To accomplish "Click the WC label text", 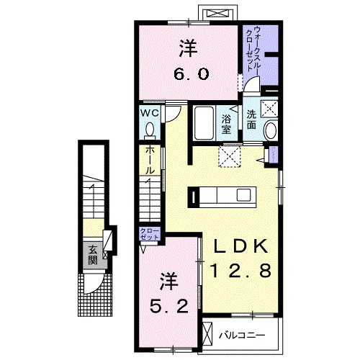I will [x=149, y=114].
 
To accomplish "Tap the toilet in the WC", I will [x=150, y=130].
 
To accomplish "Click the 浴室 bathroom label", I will [x=227, y=124].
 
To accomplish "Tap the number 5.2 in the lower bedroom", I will [x=170, y=305].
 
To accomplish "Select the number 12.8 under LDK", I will [x=240, y=271].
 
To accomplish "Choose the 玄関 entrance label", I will [x=93, y=254].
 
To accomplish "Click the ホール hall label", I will [x=149, y=159].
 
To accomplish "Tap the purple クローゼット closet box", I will [x=150, y=234].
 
